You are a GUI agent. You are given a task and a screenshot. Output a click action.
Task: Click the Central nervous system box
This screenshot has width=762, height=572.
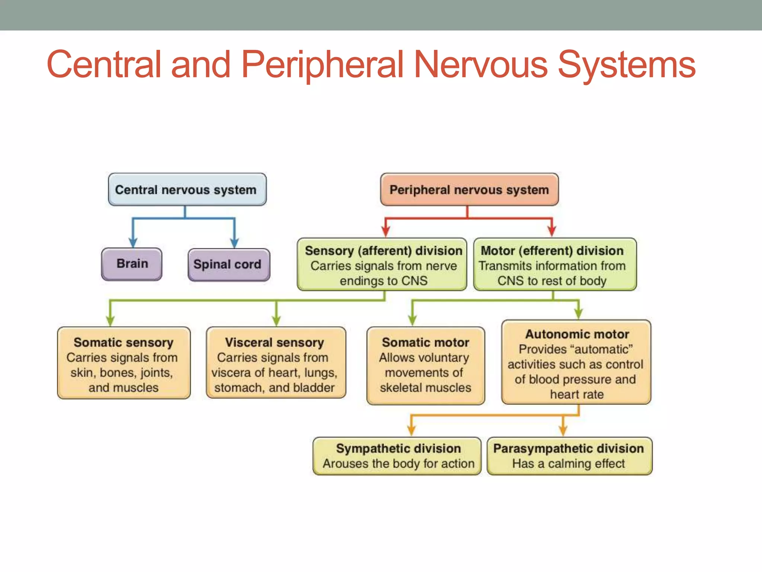point(187,190)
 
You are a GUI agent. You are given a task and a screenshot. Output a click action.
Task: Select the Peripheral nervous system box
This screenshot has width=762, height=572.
point(469,190)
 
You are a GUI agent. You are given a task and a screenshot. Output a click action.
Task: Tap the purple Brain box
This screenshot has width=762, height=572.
point(132,264)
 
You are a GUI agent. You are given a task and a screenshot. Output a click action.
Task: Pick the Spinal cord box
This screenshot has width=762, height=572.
point(229,265)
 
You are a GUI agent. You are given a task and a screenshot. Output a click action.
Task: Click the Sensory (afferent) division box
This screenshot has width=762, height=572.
point(382,265)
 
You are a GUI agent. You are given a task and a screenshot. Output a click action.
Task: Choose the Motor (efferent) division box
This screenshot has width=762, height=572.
point(555,265)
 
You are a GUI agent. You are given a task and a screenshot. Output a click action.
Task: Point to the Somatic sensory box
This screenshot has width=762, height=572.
point(124,363)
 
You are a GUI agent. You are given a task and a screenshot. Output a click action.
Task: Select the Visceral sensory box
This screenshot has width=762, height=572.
point(276,363)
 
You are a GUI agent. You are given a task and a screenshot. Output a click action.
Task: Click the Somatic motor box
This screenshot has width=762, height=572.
point(425,365)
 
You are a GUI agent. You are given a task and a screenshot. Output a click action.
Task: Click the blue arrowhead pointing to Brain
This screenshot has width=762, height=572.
point(133,242)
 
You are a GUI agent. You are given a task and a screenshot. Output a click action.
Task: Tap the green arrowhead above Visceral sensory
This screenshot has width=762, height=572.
point(276,321)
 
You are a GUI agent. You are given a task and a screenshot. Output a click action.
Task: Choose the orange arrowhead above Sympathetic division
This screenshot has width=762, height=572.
point(411,430)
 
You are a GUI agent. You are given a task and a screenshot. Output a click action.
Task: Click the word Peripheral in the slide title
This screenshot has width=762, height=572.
point(322,65)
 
